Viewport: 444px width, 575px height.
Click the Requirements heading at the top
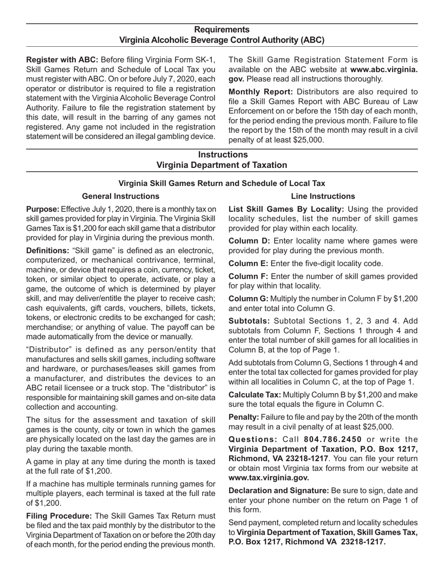click(x=222, y=30)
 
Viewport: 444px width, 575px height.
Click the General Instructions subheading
click(x=120, y=196)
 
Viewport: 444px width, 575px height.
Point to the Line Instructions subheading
click(x=322, y=196)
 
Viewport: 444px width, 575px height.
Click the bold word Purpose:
click(x=43, y=209)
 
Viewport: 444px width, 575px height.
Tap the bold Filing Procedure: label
click(x=59, y=516)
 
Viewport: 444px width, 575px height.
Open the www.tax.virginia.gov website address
click(x=269, y=478)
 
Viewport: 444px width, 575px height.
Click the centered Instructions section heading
click(x=222, y=154)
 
